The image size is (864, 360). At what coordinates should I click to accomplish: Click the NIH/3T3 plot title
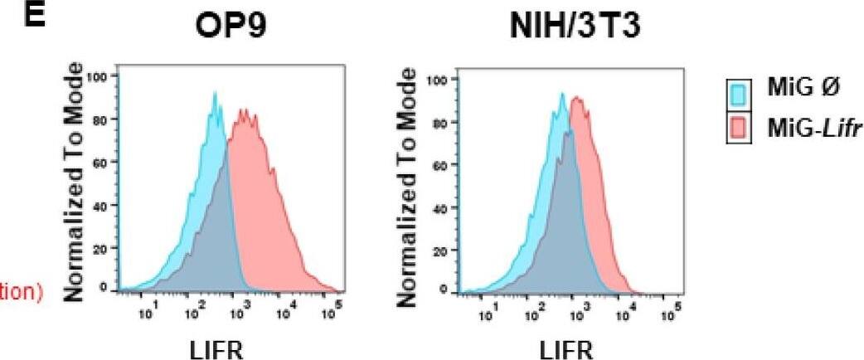(565, 37)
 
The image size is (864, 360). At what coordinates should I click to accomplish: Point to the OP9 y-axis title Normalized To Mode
(75, 182)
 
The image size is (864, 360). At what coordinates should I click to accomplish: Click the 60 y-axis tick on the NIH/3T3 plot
(441, 165)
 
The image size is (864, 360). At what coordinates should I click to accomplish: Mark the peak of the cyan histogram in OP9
(215, 94)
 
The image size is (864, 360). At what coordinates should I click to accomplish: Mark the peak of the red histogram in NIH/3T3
(574, 98)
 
